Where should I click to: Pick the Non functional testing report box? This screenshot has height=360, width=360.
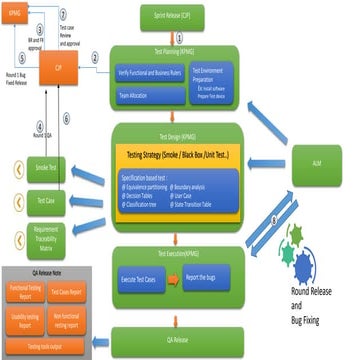point(67,319)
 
